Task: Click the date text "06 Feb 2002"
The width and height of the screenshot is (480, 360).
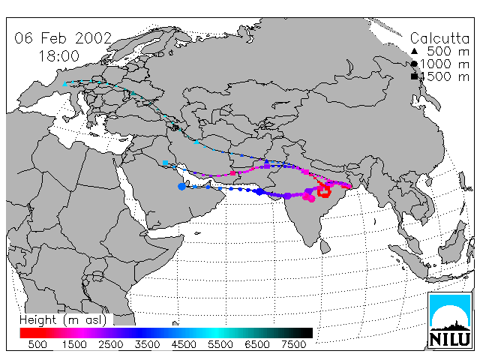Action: coord(63,38)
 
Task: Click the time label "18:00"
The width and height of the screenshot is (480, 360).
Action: coord(58,56)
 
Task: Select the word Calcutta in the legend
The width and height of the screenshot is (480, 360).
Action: coord(439,38)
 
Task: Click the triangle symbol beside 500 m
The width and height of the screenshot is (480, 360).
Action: coord(414,51)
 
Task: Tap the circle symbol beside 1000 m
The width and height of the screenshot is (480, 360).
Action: coord(414,64)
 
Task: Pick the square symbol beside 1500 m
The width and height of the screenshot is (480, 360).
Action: coord(414,76)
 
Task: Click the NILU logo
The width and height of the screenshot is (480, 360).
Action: coord(450,320)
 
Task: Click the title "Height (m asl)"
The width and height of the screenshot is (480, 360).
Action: coord(63,320)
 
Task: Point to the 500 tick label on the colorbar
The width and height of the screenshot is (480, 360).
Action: coord(37,344)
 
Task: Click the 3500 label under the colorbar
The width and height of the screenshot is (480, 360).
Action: coord(147,344)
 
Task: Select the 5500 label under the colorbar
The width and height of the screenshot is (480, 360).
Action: coord(220,344)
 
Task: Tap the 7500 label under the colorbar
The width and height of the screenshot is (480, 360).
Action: coord(293,344)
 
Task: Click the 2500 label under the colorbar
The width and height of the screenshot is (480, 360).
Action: coord(111,344)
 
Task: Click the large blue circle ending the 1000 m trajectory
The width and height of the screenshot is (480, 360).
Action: coord(181,186)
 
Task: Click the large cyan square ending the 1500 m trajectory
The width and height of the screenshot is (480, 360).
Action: coord(165,163)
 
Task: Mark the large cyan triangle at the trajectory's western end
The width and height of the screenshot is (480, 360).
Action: coord(64,83)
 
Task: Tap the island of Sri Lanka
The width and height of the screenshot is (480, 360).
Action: coord(325,247)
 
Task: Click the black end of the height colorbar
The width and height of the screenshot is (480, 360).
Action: coord(306,333)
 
